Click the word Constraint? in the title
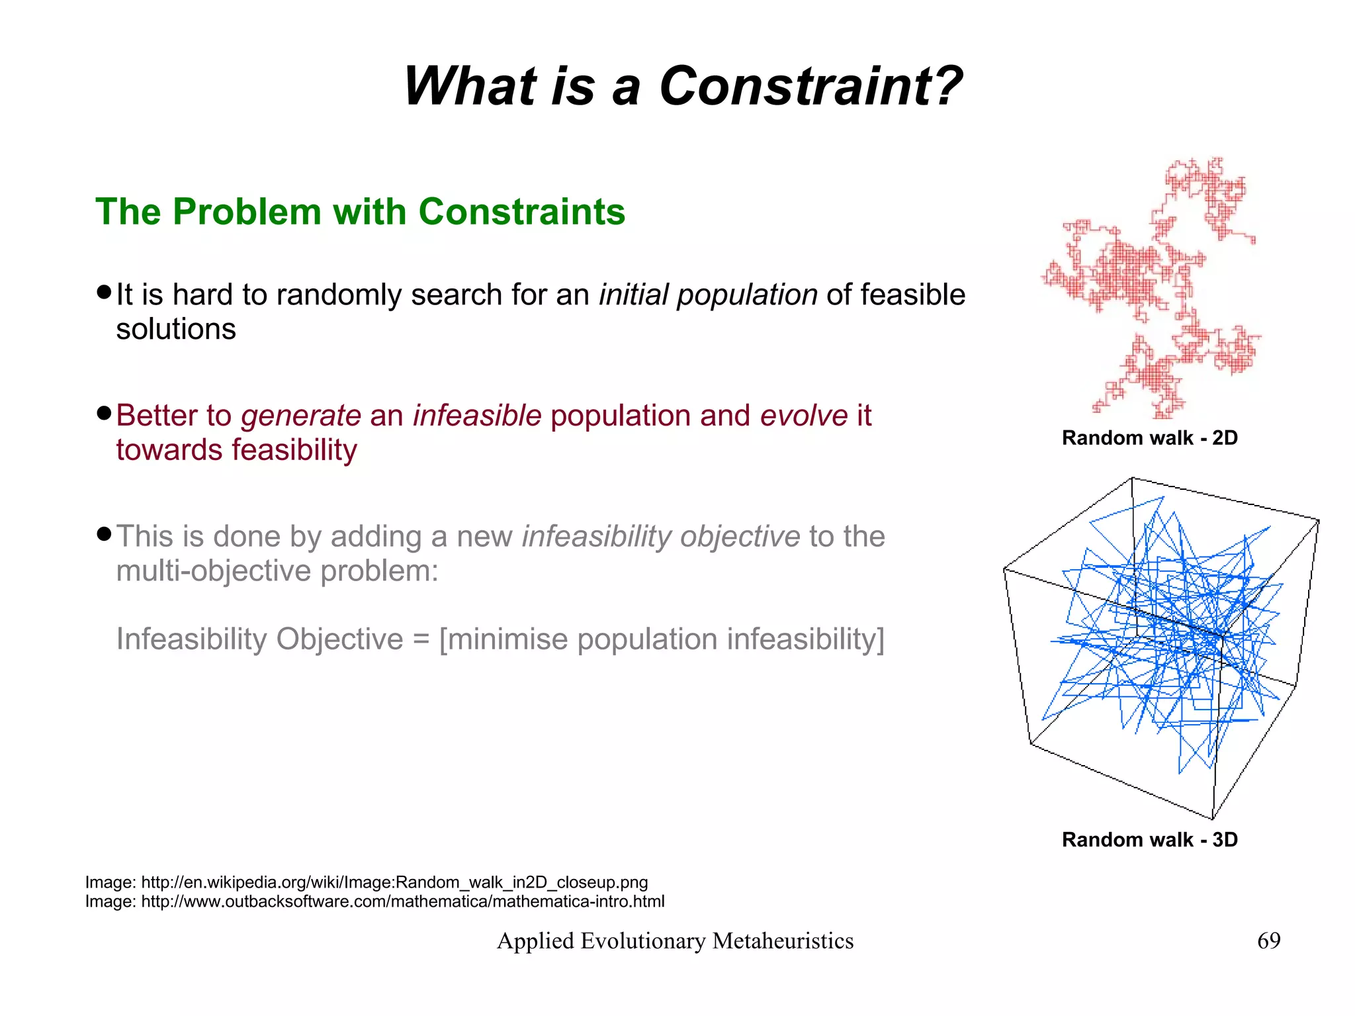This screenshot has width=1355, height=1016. click(810, 86)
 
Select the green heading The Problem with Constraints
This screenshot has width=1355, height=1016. click(360, 212)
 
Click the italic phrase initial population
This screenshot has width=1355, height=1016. click(708, 295)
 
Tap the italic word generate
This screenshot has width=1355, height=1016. click(301, 416)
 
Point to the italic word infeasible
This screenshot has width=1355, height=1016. click(477, 416)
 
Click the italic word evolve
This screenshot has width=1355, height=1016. click(804, 416)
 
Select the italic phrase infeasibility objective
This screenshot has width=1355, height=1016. click(661, 536)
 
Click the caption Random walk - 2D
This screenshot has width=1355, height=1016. click(1149, 438)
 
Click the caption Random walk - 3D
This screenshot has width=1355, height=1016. click(1149, 839)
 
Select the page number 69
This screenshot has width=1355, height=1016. click(1268, 941)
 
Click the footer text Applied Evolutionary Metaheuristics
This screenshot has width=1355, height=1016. click(675, 941)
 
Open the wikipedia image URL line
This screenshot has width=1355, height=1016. click(367, 882)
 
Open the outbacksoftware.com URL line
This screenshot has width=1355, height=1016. click(374, 901)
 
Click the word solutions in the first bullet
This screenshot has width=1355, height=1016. click(176, 329)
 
